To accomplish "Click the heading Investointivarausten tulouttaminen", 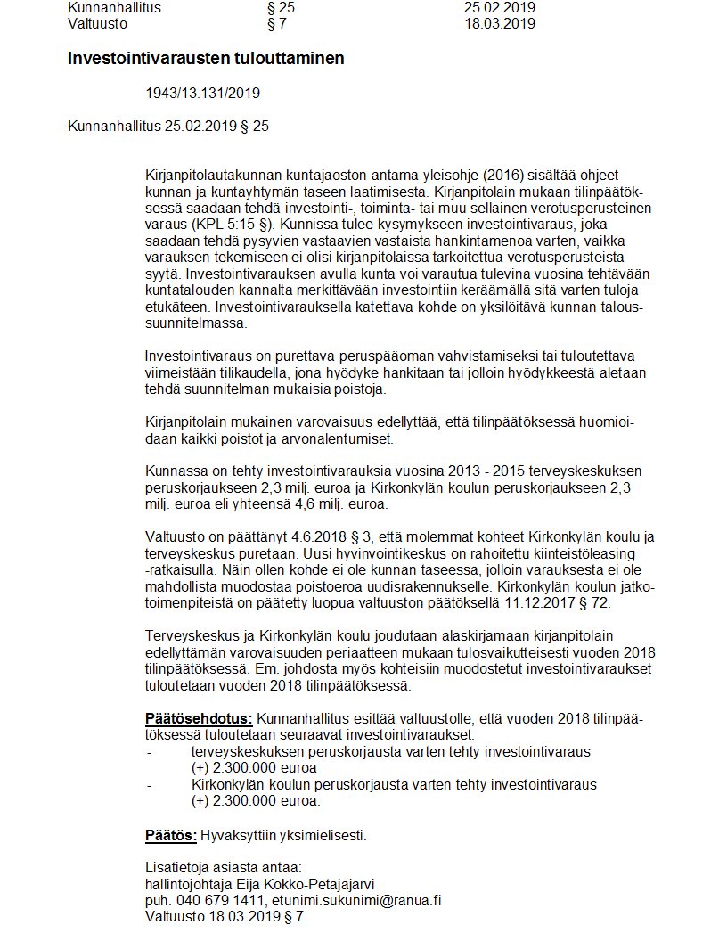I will (x=206, y=59).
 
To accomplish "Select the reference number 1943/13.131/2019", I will (x=202, y=93).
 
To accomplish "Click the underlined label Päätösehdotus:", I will (x=199, y=719).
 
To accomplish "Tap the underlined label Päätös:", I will (x=171, y=835).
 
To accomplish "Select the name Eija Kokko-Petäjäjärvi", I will (x=302, y=883).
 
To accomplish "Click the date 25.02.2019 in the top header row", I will (x=500, y=7).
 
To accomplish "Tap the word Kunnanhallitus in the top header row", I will (x=115, y=7).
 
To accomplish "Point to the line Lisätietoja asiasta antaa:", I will (x=224, y=867).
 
